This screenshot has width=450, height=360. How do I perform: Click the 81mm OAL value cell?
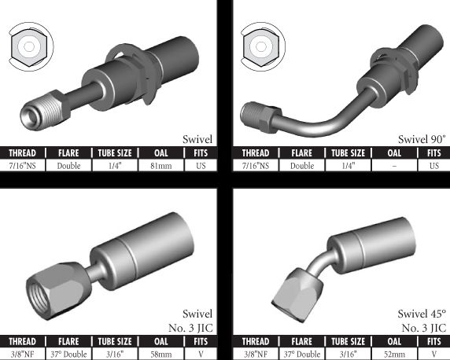click(161, 166)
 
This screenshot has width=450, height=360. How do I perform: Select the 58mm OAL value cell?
click(161, 354)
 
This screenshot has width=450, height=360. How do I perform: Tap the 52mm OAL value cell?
click(394, 354)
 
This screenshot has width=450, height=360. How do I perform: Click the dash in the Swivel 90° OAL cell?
click(394, 166)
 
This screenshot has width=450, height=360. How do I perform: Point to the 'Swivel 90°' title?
click(422, 139)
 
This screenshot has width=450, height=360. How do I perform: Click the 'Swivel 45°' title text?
click(422, 314)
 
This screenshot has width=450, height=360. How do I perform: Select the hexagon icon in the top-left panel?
click(28, 46)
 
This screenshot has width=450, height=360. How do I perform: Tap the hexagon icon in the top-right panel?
click(261, 46)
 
